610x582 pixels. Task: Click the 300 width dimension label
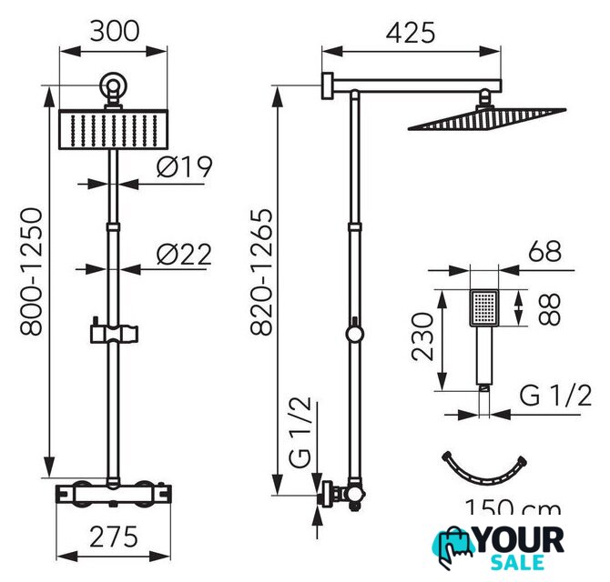pos(115,32)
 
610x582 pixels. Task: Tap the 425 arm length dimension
pos(411,33)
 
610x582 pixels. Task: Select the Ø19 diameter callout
pos(185,167)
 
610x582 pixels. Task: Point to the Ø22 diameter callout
pos(185,255)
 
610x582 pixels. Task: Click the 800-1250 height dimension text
pos(31,272)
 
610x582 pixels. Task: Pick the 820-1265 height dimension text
pos(260,272)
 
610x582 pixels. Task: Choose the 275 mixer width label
pos(114,537)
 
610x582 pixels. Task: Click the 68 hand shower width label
pos(544,251)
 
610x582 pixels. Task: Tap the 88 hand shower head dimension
pos(549,309)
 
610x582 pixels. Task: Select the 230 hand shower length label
pos(422,336)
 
